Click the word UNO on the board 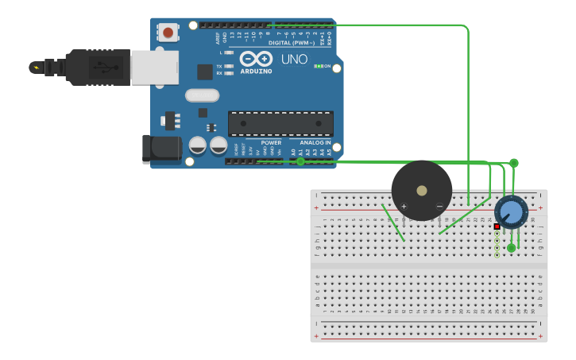tap(289, 59)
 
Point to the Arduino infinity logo tap(256, 60)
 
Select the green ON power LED tap(319, 66)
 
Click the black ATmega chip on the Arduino tap(280, 123)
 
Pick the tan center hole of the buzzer tap(421, 191)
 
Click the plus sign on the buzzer tap(404, 207)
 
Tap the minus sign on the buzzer tap(439, 207)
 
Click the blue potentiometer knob tap(512, 212)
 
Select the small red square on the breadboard tap(497, 226)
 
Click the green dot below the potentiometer tap(512, 248)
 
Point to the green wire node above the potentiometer tap(513, 163)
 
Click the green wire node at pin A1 tap(300, 161)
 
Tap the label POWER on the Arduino tap(271, 143)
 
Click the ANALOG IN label tap(315, 143)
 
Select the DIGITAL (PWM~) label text tap(291, 43)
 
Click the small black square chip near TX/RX tap(204, 72)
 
